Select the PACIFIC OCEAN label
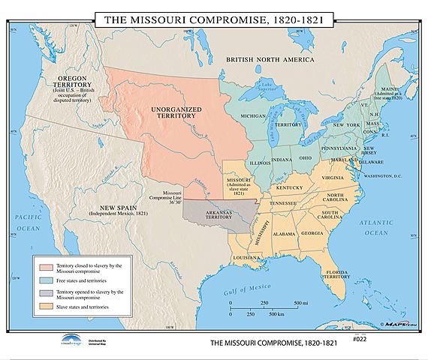(x=27, y=221)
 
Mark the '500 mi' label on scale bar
(x=298, y=302)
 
